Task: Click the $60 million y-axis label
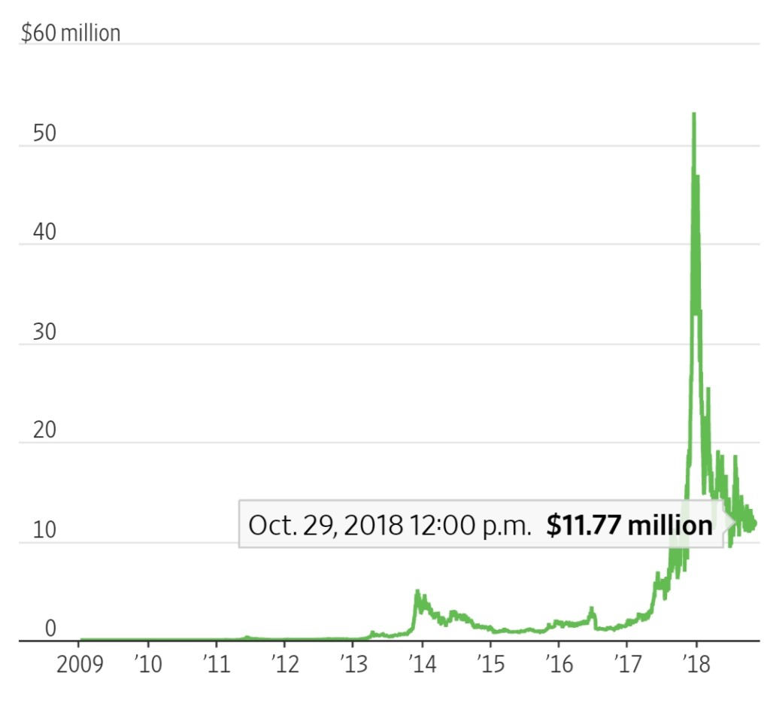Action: click(71, 33)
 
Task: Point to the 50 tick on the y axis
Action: click(44, 133)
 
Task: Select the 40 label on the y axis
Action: click(44, 232)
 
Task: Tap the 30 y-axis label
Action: click(44, 332)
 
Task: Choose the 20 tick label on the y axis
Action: click(44, 430)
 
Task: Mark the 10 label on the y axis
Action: click(44, 530)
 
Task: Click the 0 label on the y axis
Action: click(50, 629)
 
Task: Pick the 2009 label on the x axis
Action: click(80, 665)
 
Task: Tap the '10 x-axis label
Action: click(148, 665)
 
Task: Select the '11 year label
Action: click(217, 665)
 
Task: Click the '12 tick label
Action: click(285, 665)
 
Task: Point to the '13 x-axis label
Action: click(353, 665)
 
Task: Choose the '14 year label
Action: click(423, 665)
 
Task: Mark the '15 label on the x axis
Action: click(490, 665)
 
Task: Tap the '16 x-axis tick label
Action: click(559, 665)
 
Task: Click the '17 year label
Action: click(628, 665)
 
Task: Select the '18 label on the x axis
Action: click(696, 665)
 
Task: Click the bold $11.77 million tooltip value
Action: click(629, 525)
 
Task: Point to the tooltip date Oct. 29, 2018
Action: click(326, 526)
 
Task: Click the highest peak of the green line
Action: click(694, 114)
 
